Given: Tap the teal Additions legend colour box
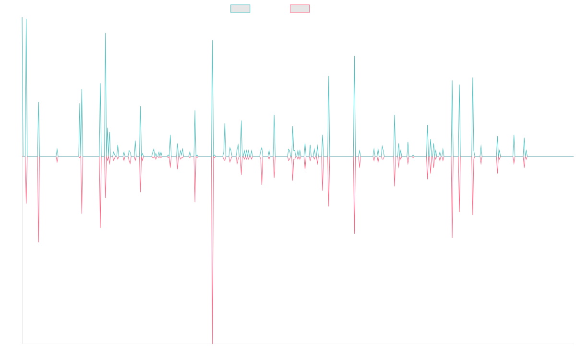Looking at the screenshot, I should pos(240,9).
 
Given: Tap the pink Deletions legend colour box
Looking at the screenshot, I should pos(300,9).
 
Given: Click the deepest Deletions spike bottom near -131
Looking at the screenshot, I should pos(212,343).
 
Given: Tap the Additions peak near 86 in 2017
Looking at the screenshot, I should pos(106,33).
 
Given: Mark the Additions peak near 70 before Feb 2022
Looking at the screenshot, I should pos(354,56).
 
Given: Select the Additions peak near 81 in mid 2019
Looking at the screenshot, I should pos(212,40).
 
